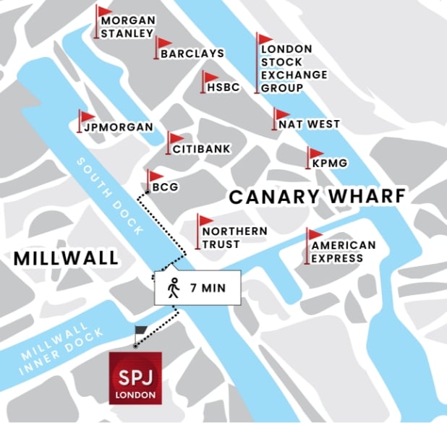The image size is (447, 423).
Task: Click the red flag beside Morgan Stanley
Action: (106, 12)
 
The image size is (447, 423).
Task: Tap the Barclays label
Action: (192, 54)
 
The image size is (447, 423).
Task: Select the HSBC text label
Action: (223, 87)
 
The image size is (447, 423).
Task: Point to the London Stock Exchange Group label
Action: (286, 69)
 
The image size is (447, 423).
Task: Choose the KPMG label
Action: (330, 164)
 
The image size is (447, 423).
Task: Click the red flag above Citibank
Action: (176, 138)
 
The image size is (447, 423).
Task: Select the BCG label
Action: (165, 187)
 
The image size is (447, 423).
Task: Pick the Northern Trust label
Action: (234, 238)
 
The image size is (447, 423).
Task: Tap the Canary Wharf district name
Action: (317, 197)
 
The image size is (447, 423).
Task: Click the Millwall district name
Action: (66, 258)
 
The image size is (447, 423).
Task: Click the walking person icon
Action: (173, 287)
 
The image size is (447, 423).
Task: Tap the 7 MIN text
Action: (208, 288)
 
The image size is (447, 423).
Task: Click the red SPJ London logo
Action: (135, 377)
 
